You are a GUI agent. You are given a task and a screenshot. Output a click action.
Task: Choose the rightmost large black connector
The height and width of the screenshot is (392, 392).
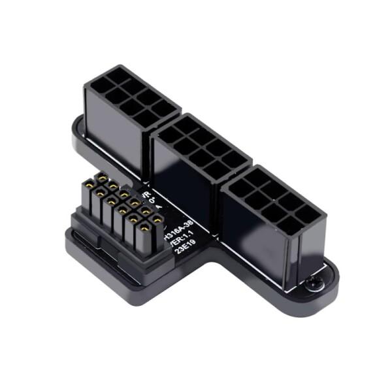pyautogui.click(x=271, y=219)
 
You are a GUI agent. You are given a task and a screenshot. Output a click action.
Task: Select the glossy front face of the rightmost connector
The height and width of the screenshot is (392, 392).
pyautogui.click(x=261, y=242)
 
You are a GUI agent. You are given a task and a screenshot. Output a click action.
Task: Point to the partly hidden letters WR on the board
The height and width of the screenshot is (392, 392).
pyautogui.click(x=146, y=194)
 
